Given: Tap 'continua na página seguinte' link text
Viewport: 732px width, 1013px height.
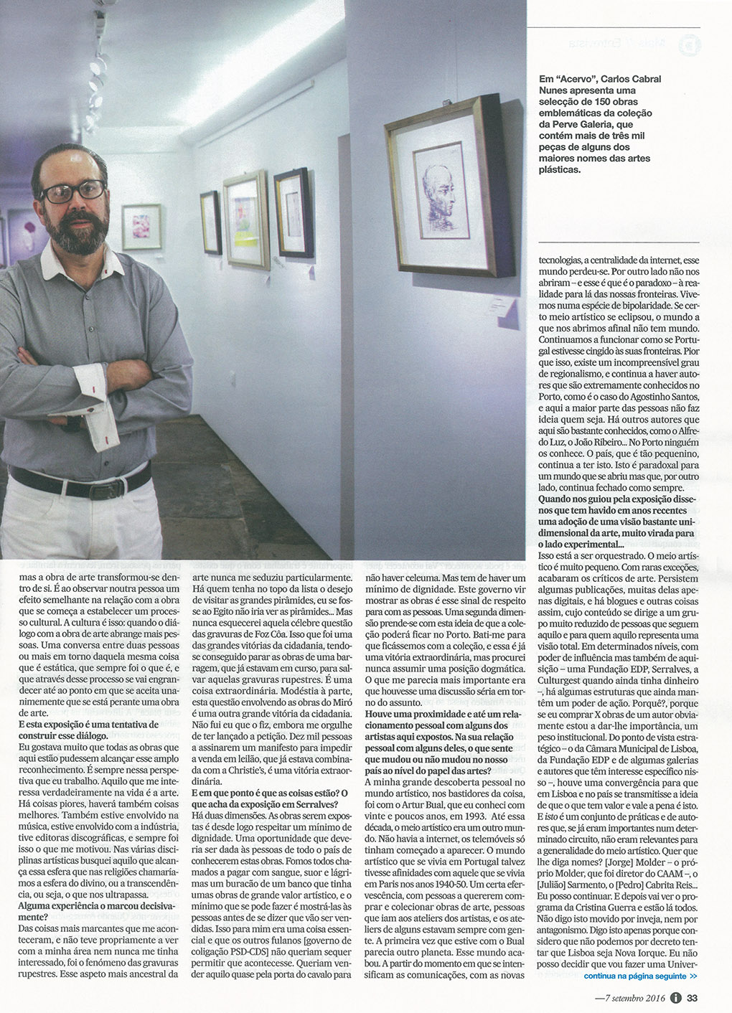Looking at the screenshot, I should [x=639, y=976].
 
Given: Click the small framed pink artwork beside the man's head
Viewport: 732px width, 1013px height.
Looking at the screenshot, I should [x=141, y=227].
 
